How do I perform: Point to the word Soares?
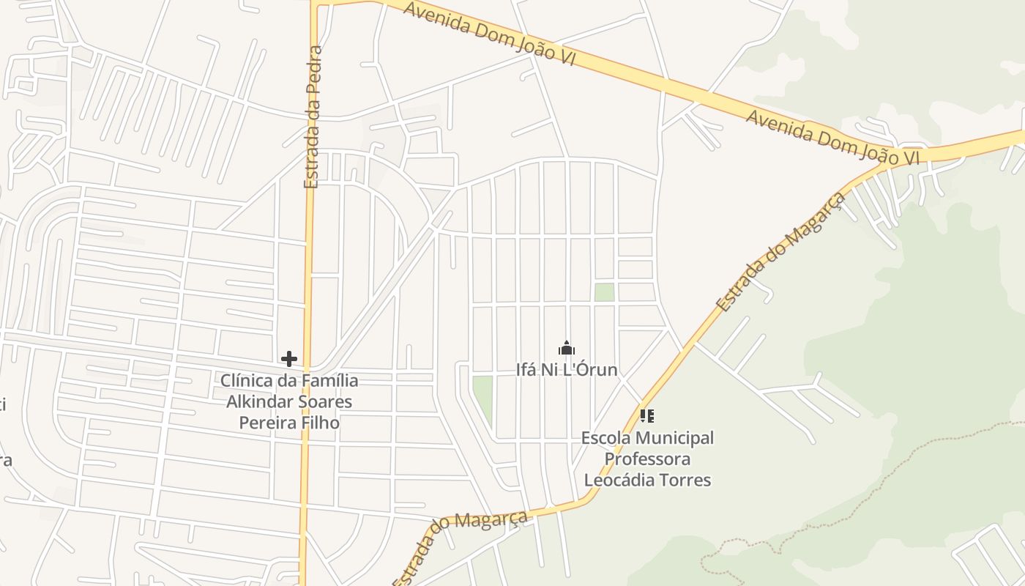click(324, 402)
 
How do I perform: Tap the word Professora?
click(647, 459)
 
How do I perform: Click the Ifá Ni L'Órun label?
click(567, 370)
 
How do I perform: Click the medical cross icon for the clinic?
click(289, 359)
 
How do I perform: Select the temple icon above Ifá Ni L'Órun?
click(567, 348)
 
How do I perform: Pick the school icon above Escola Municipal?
click(646, 416)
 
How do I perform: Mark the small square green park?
click(604, 292)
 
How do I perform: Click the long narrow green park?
click(482, 399)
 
